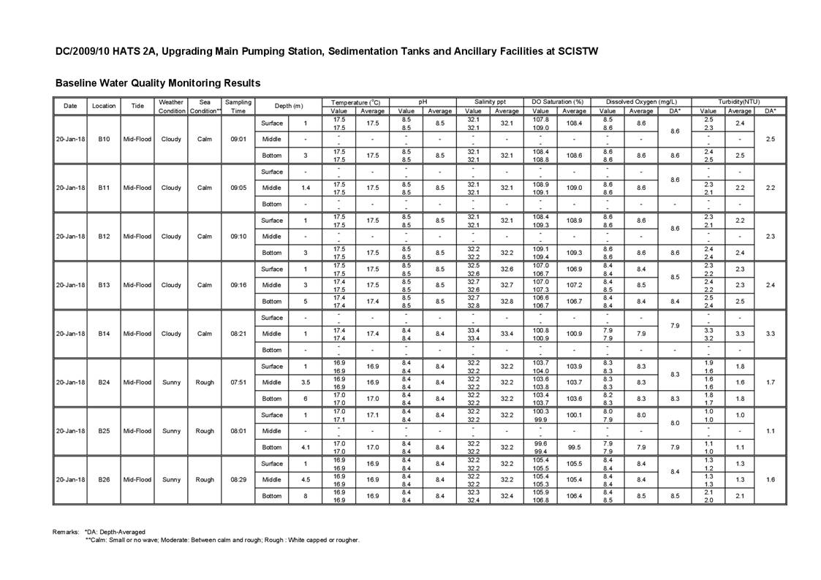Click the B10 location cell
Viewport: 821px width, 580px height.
click(104, 139)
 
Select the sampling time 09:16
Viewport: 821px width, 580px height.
click(238, 285)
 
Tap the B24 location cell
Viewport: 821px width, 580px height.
click(104, 382)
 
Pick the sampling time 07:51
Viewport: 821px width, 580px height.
click(238, 382)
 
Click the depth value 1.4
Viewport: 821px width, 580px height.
click(306, 188)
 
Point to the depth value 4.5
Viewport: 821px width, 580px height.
click(306, 480)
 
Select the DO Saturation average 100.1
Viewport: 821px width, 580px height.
click(574, 415)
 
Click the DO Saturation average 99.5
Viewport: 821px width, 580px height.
click(574, 447)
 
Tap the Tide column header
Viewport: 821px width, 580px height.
click(137, 106)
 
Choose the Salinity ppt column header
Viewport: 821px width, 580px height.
click(491, 102)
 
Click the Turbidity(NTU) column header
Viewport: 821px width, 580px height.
click(738, 102)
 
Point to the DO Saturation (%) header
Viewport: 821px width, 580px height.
click(559, 102)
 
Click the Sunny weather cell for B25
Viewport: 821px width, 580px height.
click(171, 431)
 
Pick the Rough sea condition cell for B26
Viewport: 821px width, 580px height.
click(205, 480)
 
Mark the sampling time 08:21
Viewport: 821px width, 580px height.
click(238, 334)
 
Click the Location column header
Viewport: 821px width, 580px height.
click(104, 106)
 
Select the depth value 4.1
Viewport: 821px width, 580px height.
click(306, 447)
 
